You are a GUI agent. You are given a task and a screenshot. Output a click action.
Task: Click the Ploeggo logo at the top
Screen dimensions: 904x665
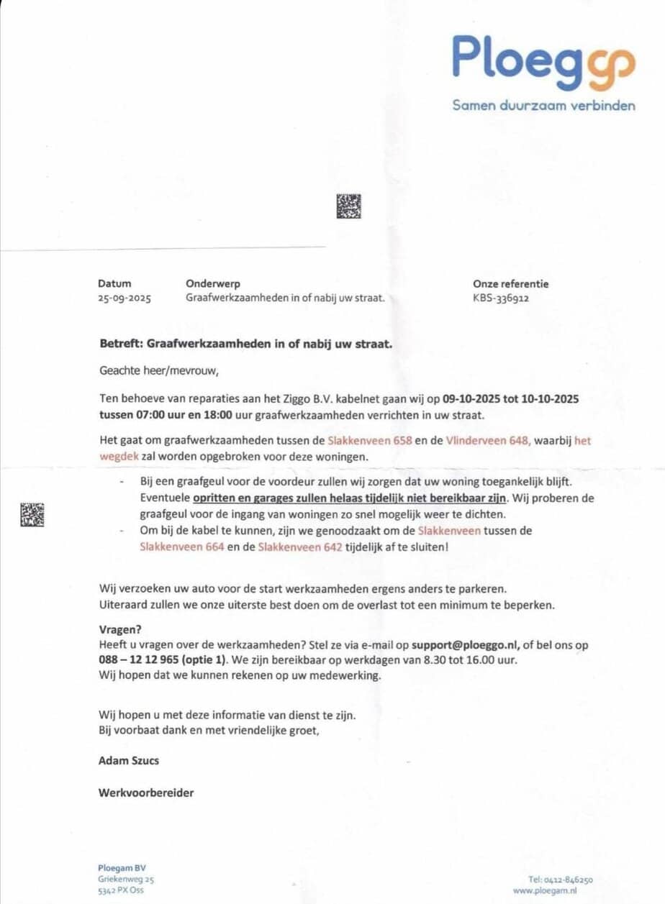tap(543, 61)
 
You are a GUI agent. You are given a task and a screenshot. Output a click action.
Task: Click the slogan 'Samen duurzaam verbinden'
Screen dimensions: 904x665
tap(543, 106)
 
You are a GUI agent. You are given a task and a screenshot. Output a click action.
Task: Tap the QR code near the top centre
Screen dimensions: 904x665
tap(348, 206)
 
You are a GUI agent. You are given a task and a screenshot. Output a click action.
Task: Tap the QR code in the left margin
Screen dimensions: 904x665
tap(32, 515)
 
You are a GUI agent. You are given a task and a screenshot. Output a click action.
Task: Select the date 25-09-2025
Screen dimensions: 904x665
tap(125, 298)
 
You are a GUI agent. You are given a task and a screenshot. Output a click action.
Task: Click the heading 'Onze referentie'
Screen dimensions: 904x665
tap(510, 284)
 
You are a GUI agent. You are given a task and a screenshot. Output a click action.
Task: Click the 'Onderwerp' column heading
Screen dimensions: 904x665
tap(212, 284)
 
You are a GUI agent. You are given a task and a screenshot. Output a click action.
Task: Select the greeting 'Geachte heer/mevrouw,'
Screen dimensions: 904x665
tap(158, 371)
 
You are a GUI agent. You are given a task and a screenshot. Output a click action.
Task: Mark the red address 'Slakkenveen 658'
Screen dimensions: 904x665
tap(370, 440)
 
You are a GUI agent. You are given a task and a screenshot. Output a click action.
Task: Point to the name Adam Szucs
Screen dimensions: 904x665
tap(128, 759)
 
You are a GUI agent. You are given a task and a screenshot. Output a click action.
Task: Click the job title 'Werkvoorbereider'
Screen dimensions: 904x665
tap(146, 793)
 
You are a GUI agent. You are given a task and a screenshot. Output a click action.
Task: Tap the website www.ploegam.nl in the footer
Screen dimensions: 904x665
tap(545, 890)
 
